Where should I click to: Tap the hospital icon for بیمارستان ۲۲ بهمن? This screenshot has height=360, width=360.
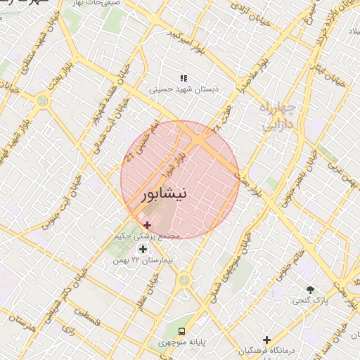pyautogui.click(x=143, y=250)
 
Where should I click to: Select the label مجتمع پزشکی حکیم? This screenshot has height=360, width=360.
pyautogui.click(x=147, y=236)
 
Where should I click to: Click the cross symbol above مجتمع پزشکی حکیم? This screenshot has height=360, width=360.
pyautogui.click(x=147, y=225)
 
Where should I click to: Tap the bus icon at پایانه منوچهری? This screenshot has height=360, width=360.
pyautogui.click(x=182, y=330)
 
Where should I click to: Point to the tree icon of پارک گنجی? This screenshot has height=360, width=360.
pyautogui.click(x=310, y=289)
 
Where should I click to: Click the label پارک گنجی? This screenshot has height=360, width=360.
pyautogui.click(x=310, y=300)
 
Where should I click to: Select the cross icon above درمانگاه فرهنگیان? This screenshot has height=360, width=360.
pyautogui.click(x=266, y=340)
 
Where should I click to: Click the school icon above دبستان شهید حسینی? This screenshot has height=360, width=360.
pyautogui.click(x=184, y=78)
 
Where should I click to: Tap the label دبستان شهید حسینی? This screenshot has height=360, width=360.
pyautogui.click(x=184, y=89)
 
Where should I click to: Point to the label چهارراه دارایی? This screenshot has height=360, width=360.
pyautogui.click(x=277, y=117)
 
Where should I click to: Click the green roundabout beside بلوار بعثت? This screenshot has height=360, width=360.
pyautogui.click(x=44, y=101)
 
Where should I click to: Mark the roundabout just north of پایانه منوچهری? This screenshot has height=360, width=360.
pyautogui.click(x=184, y=281)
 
